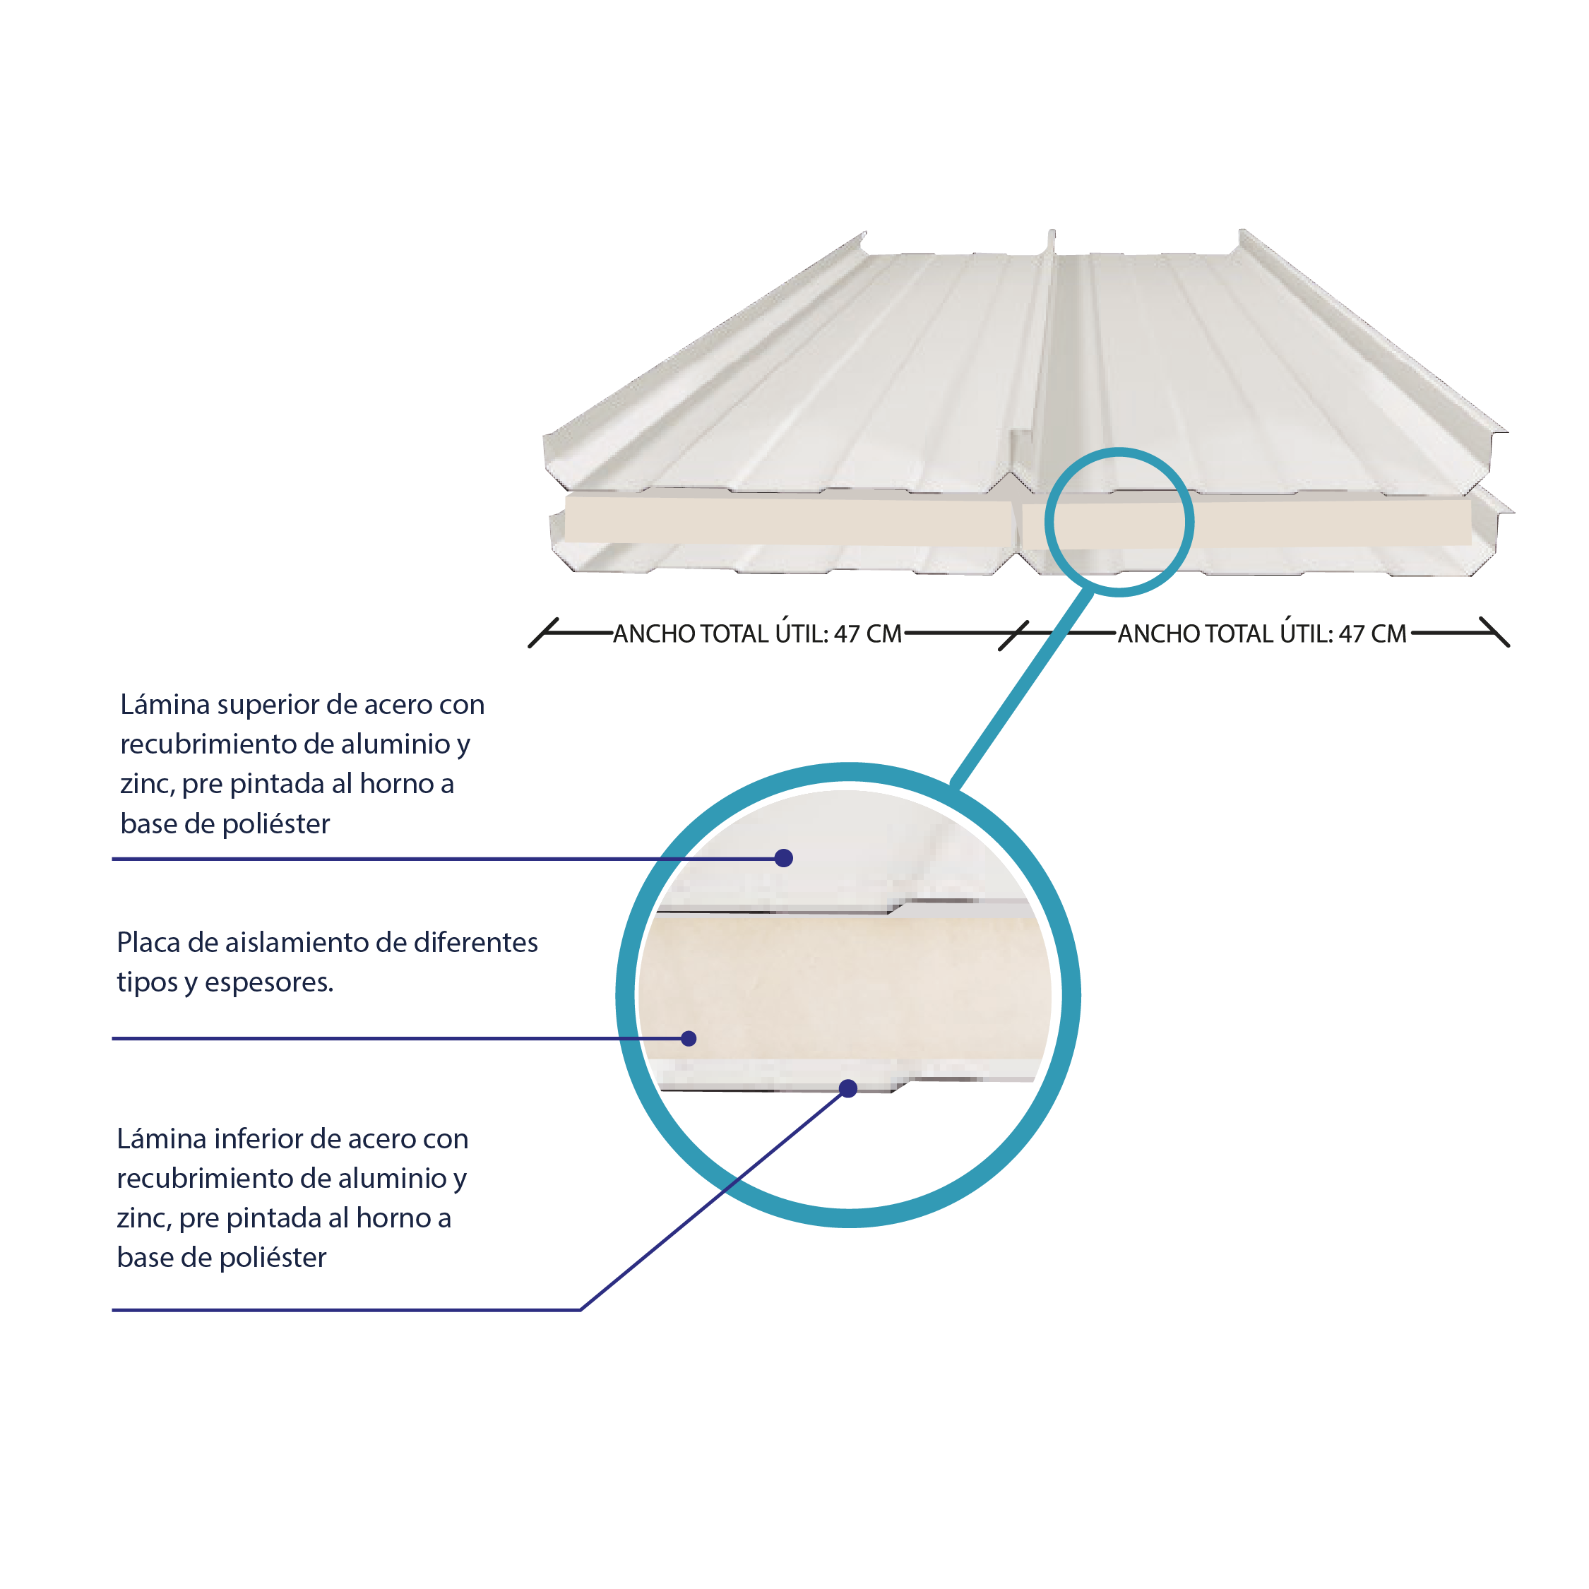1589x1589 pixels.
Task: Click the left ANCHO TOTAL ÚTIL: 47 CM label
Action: click(x=758, y=633)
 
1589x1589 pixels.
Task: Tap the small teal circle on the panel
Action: click(x=1119, y=450)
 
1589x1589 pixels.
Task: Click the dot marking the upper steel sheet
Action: click(x=784, y=858)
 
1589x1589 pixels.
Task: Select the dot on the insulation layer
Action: click(x=689, y=1039)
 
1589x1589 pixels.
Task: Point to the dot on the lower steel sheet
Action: click(x=849, y=1089)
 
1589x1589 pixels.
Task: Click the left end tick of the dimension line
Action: click(x=544, y=633)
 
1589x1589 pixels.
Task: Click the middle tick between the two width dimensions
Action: click(x=1014, y=636)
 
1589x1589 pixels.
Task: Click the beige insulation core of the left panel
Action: click(x=788, y=519)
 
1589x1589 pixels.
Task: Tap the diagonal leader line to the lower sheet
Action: click(x=714, y=1199)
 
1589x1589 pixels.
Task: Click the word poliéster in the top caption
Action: click(x=276, y=825)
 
